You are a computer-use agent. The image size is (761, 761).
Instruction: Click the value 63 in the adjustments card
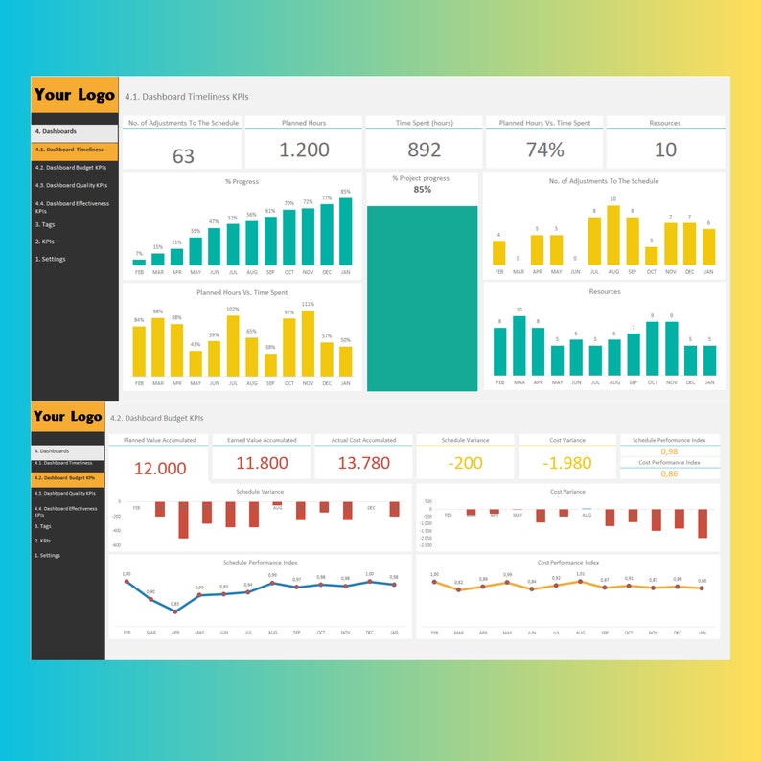click(183, 155)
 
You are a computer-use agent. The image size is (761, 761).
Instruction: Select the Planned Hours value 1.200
click(304, 150)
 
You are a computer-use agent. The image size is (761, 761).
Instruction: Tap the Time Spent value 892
click(424, 150)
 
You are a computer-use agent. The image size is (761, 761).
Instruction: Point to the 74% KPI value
click(544, 150)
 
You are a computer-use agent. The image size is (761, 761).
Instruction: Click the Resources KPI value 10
click(665, 150)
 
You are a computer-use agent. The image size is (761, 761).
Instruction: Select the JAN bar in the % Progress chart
click(345, 231)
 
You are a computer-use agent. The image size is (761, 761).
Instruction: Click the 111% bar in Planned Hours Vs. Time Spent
click(308, 343)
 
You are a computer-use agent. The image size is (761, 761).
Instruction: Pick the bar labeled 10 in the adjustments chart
click(612, 236)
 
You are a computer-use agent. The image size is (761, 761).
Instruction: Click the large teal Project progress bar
click(423, 297)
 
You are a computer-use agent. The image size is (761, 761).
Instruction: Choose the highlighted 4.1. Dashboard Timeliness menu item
click(75, 150)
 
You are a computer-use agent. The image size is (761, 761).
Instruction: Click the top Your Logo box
click(75, 96)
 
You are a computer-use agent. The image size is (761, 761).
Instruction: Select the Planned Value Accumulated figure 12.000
click(160, 469)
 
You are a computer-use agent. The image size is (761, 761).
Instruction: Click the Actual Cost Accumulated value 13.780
click(365, 464)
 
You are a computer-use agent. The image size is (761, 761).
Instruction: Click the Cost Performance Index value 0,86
click(669, 473)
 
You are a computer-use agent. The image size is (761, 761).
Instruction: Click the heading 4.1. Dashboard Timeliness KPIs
click(188, 96)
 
